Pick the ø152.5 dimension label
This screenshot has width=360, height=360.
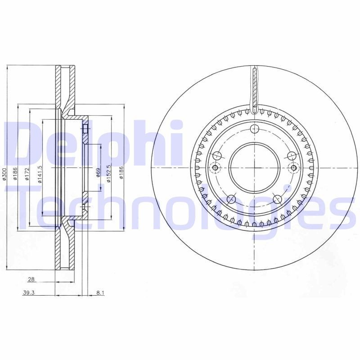[108, 174]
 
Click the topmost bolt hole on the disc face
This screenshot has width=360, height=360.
[255, 129]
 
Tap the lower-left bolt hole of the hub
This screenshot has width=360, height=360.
[232, 199]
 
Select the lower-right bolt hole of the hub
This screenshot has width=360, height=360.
[278, 199]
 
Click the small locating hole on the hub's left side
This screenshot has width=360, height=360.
[215, 168]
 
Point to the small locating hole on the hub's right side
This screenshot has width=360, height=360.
[294, 168]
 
